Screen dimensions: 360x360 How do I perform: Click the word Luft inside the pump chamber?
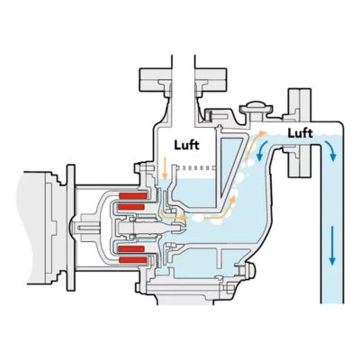(187, 145)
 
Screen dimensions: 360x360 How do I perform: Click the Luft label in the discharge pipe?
(300, 133)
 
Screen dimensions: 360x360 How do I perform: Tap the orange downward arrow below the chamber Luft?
(164, 167)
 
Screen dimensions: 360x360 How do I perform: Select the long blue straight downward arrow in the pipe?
(332, 245)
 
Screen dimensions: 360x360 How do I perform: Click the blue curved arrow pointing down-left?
(260, 149)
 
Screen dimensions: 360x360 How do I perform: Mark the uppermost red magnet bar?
(133, 195)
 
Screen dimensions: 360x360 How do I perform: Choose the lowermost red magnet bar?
(133, 260)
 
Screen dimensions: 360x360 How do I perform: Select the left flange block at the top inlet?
(156, 79)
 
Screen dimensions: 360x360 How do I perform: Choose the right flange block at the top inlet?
(211, 79)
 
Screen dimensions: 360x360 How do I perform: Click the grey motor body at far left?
(33, 226)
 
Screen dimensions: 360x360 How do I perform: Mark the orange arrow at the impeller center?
(174, 215)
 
